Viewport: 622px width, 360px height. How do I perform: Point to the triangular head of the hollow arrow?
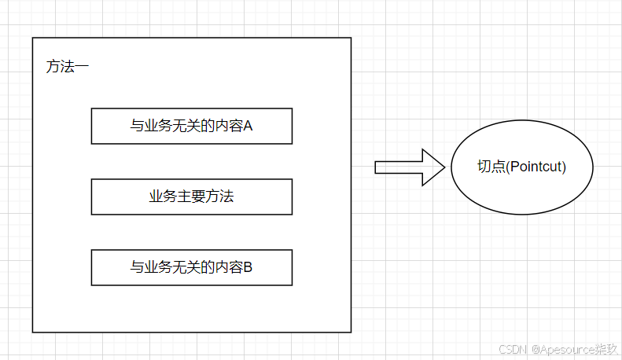coord(433,167)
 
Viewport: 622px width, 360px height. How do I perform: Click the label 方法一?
coord(68,68)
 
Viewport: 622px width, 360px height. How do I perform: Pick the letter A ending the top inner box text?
coord(248,126)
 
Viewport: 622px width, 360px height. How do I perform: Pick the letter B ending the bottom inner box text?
coord(248,267)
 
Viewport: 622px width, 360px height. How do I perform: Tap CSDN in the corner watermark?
coord(512,347)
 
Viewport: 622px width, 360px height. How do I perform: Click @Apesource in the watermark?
coord(561,347)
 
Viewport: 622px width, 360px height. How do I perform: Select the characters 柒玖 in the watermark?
coord(606,347)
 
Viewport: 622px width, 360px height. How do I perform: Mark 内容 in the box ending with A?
coord(229,126)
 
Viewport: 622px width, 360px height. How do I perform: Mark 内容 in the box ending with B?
coord(229,267)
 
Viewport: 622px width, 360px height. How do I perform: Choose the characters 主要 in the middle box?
coord(191,197)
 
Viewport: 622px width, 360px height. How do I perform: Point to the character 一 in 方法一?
coord(82,68)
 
